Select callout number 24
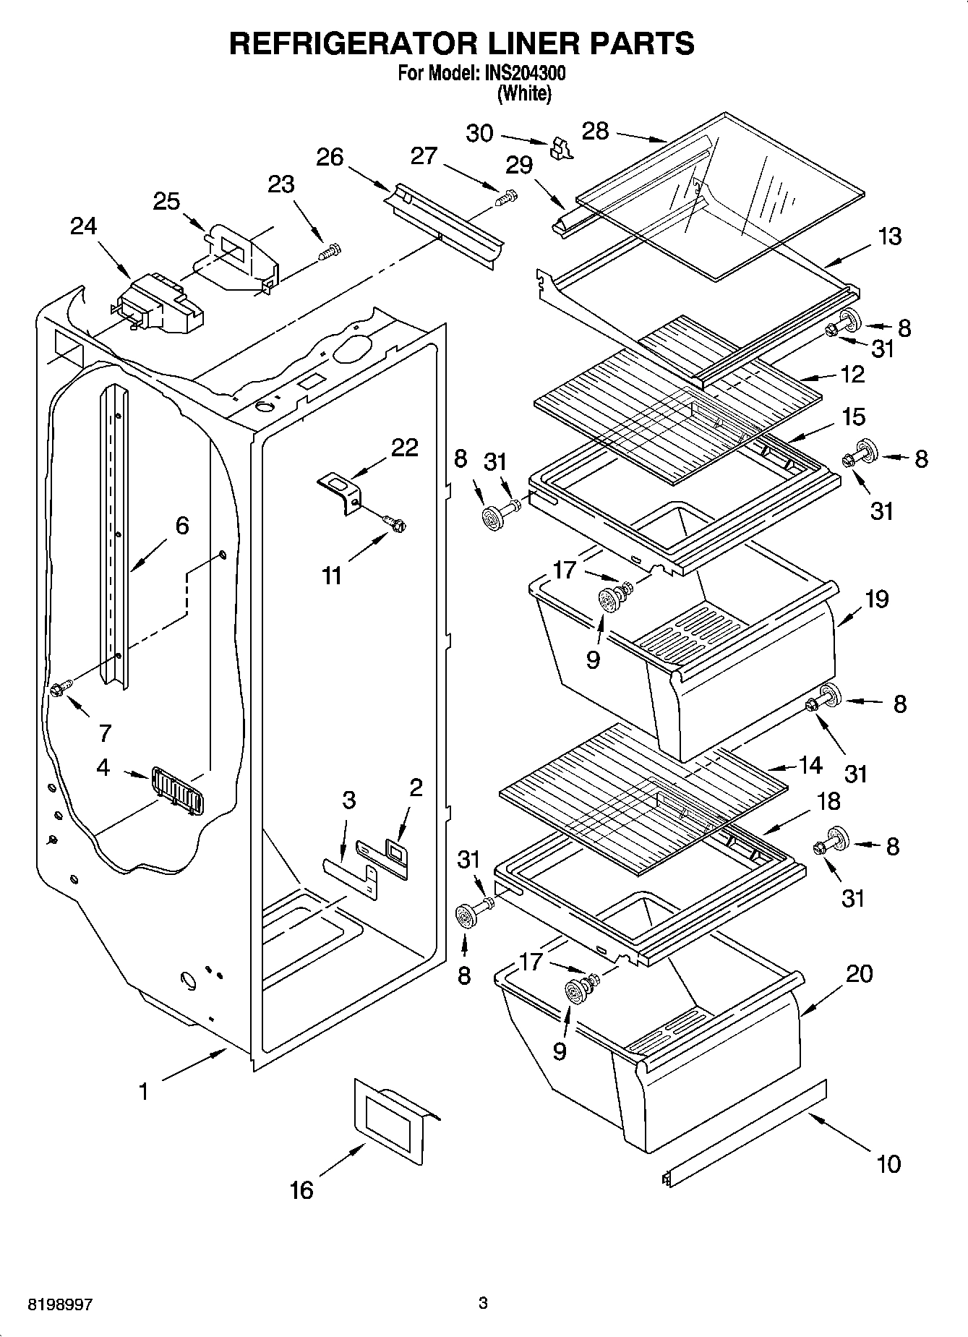(83, 227)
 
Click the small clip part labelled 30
(561, 149)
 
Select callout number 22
(404, 448)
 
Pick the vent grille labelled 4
(177, 790)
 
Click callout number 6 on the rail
(181, 526)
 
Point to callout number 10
(888, 1164)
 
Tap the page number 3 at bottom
(483, 1304)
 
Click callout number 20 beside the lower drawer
(859, 974)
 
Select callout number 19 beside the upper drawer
(876, 599)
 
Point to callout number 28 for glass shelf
(596, 132)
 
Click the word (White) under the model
(525, 93)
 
